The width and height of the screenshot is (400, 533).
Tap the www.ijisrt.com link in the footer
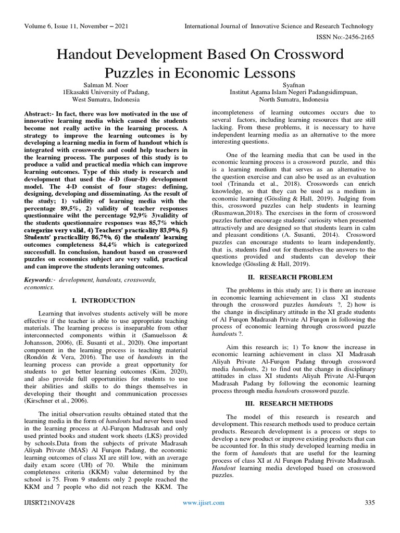pyautogui.click(x=204, y=502)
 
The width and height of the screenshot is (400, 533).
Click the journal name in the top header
pyautogui.click(x=276, y=26)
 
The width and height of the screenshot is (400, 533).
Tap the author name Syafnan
pyautogui.click(x=293, y=84)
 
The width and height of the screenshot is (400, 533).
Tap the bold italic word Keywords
pyautogui.click(x=40, y=280)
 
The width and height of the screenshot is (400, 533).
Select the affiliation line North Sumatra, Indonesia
pyautogui.click(x=293, y=99)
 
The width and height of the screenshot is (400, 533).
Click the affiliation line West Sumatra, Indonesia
pyautogui.click(x=105, y=99)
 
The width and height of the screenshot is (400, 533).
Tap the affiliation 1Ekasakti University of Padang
pyautogui.click(x=106, y=92)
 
